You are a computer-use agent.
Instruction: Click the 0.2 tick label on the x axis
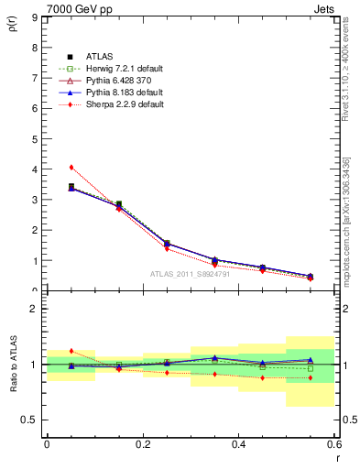tap(142, 444)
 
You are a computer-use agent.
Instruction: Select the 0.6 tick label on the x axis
tap(334, 444)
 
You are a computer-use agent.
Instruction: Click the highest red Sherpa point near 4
tap(71, 167)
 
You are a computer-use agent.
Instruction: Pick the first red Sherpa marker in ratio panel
tap(71, 351)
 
